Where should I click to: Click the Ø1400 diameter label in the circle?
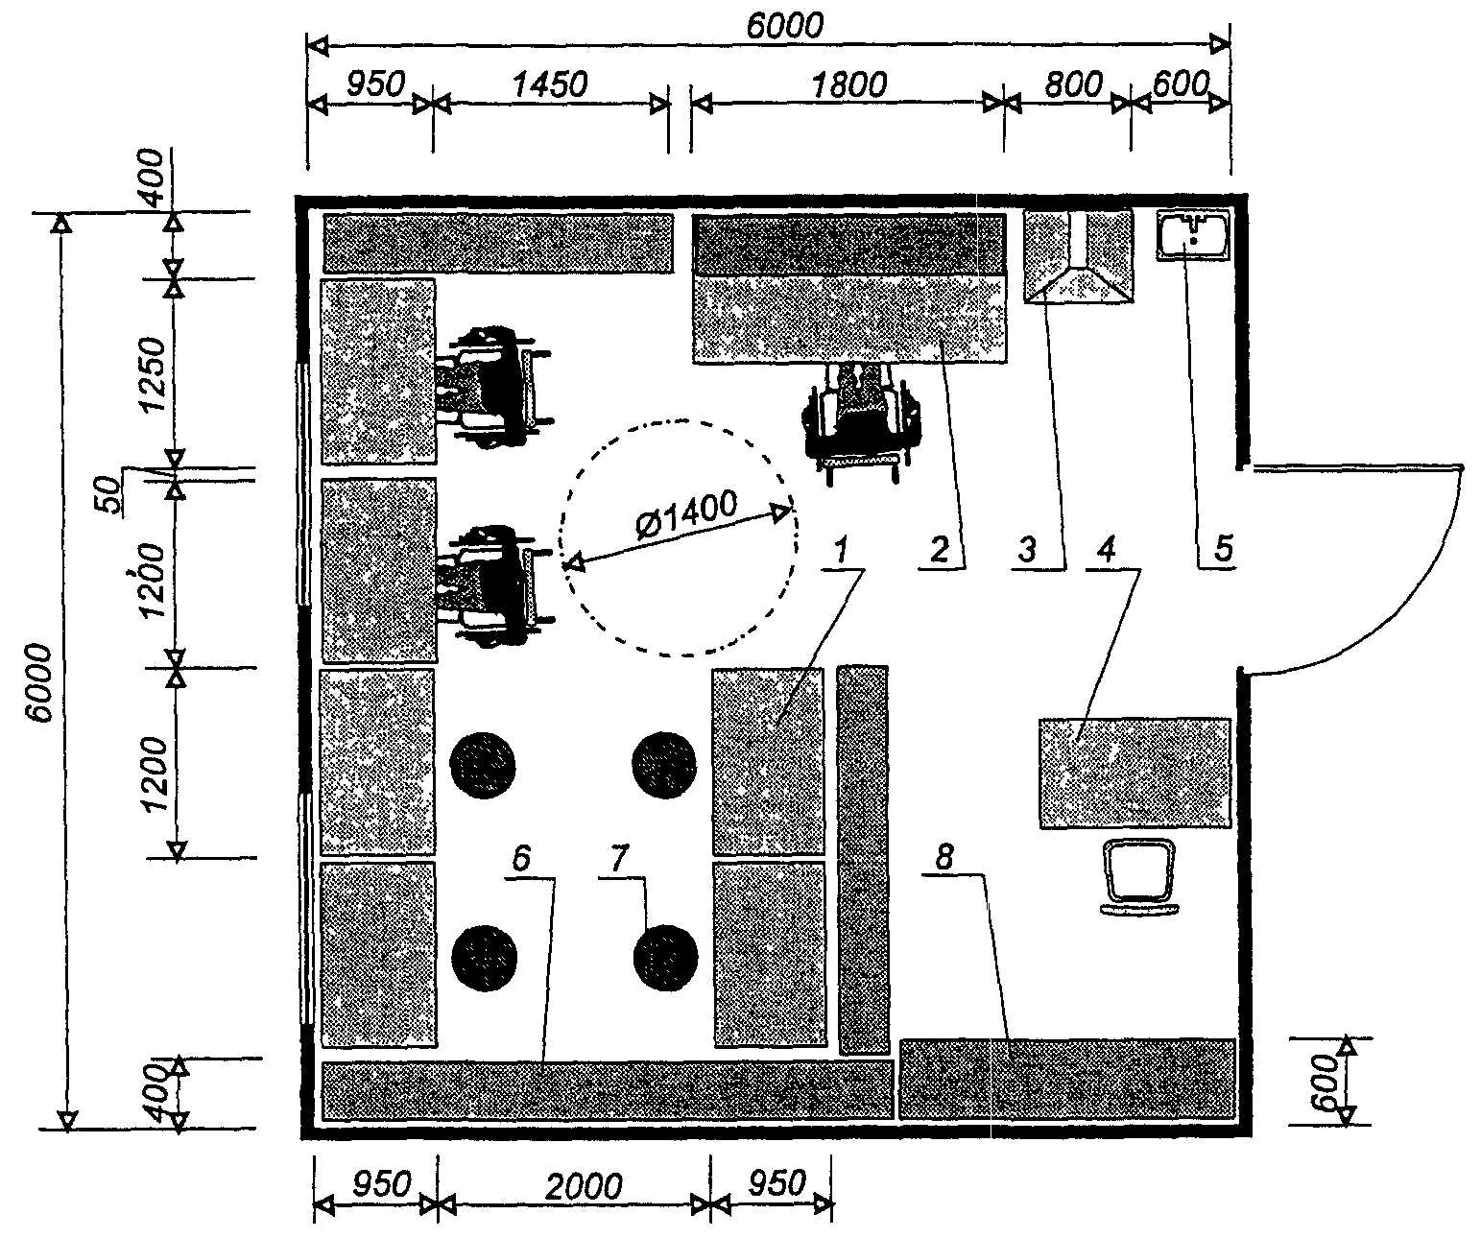tap(687, 514)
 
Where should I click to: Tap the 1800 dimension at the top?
tap(848, 85)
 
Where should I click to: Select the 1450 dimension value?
tap(550, 84)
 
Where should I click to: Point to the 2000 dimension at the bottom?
tap(584, 1187)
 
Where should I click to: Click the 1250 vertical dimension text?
tap(153, 374)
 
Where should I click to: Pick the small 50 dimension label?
tap(107, 494)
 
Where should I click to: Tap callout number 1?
tap(841, 550)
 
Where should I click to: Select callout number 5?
tap(1224, 548)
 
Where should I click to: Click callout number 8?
tap(944, 857)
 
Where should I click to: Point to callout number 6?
tap(521, 858)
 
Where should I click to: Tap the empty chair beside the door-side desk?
tap(1139, 877)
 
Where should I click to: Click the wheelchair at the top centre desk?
tap(861, 423)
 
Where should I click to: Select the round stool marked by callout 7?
tap(665, 957)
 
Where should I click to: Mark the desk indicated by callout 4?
tap(1135, 774)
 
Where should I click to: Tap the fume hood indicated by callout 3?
tap(1078, 256)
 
